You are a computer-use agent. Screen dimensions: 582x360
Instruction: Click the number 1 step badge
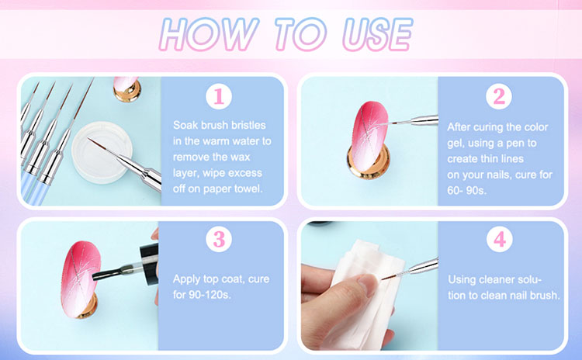[219, 96]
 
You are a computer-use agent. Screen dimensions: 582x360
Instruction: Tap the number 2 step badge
[499, 96]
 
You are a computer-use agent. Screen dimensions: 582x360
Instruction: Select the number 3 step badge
[219, 239]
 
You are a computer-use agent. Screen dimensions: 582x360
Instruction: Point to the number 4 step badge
[500, 239]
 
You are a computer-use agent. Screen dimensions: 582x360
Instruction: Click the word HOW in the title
[208, 34]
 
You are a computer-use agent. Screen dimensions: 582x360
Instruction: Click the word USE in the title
[377, 34]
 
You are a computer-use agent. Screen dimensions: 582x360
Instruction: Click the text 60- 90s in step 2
[466, 190]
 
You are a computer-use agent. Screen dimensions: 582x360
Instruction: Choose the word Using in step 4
[462, 280]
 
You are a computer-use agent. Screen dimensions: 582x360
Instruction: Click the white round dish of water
[102, 152]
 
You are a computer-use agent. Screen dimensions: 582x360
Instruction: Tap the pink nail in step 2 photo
[369, 137]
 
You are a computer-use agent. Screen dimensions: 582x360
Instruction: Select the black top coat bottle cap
[149, 264]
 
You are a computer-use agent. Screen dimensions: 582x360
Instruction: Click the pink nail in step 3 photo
[81, 279]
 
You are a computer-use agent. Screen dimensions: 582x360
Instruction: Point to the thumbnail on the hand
[368, 285]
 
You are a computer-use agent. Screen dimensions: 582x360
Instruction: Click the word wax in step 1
[240, 157]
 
